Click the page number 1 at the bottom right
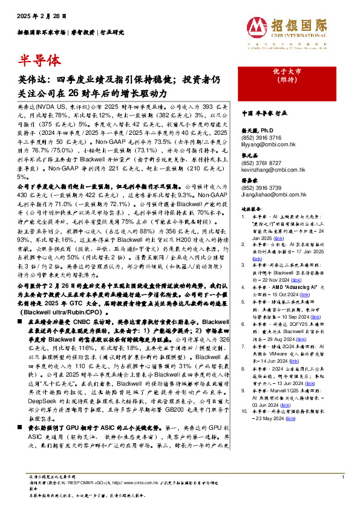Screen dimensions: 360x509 pos(342,478)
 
